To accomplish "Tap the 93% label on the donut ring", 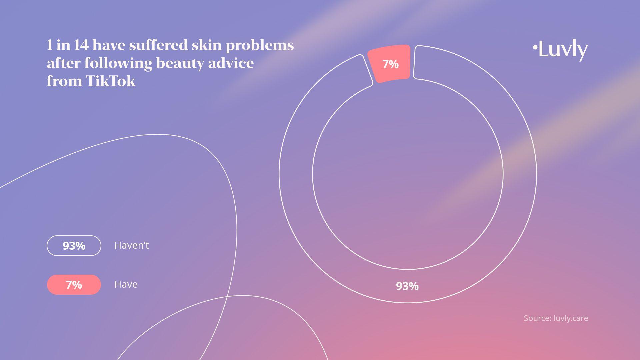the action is coord(407,286).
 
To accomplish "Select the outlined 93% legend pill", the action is coord(74,246).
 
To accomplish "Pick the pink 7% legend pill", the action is coord(74,285).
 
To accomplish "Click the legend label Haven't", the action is coord(131,245).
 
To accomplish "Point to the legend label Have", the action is coord(126,284).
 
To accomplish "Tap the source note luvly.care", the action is coord(571,318).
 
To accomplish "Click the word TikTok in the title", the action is coord(110,81).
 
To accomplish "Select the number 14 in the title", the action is coord(81,45).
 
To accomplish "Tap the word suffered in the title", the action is coord(158,45).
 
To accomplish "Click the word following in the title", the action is coord(118,63).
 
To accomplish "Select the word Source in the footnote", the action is coord(537,318).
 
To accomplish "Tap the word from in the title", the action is coord(64,81).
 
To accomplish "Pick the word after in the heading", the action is coord(64,63).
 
